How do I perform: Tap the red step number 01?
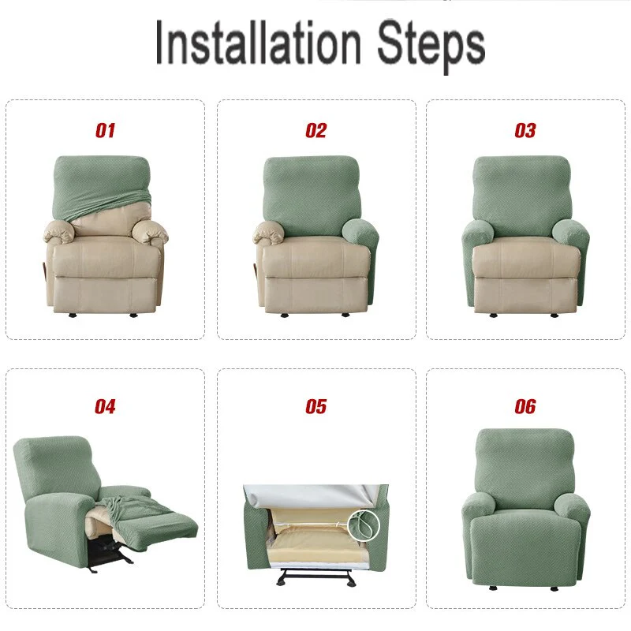(x=105, y=130)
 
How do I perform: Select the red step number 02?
(x=315, y=130)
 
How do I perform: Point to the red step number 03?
(x=525, y=130)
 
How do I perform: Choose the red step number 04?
(x=105, y=407)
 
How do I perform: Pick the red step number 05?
(x=315, y=407)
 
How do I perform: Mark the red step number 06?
(x=525, y=407)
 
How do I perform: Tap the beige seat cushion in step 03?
(x=525, y=256)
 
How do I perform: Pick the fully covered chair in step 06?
(x=525, y=505)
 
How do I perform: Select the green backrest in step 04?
(x=55, y=469)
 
